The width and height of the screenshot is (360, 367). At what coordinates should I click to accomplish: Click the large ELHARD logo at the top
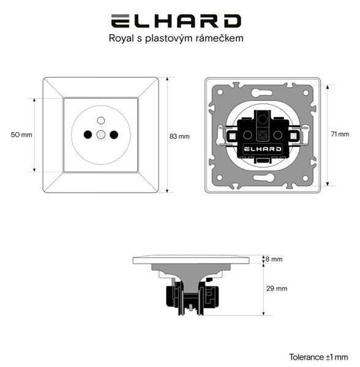(176, 21)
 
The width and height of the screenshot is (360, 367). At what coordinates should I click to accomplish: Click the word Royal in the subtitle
(121, 38)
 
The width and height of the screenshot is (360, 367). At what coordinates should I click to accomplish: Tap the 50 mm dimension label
(21, 135)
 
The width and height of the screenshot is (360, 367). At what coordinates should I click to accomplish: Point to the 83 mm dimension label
(179, 136)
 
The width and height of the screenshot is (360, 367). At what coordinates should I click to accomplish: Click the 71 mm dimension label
(340, 134)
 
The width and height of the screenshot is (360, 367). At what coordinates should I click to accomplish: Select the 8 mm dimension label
(274, 259)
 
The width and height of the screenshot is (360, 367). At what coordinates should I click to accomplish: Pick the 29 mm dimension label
(277, 288)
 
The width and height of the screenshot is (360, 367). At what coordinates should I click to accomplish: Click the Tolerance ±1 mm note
(318, 357)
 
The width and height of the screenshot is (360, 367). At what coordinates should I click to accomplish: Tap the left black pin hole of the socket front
(88, 135)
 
